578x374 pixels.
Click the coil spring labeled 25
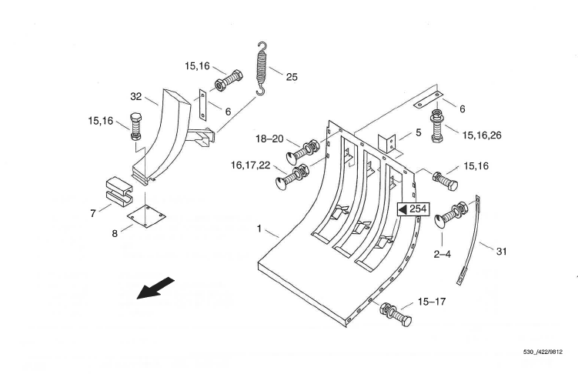(262, 68)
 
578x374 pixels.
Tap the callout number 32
(136, 96)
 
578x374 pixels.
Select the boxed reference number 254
(413, 209)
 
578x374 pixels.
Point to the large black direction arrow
(155, 288)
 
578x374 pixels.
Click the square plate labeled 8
(146, 215)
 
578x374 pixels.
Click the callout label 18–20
(269, 139)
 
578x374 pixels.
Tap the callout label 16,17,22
(250, 165)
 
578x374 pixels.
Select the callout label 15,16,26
(482, 135)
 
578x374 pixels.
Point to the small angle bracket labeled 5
(387, 143)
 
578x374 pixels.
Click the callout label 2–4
(442, 254)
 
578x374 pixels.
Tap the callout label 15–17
(432, 302)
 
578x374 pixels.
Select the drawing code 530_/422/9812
(543, 352)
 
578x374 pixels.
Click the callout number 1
(259, 229)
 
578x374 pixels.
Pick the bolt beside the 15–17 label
(395, 314)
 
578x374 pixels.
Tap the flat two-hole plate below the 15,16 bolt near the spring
(202, 105)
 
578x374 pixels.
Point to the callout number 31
(501, 252)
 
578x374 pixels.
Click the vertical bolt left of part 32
(135, 126)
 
